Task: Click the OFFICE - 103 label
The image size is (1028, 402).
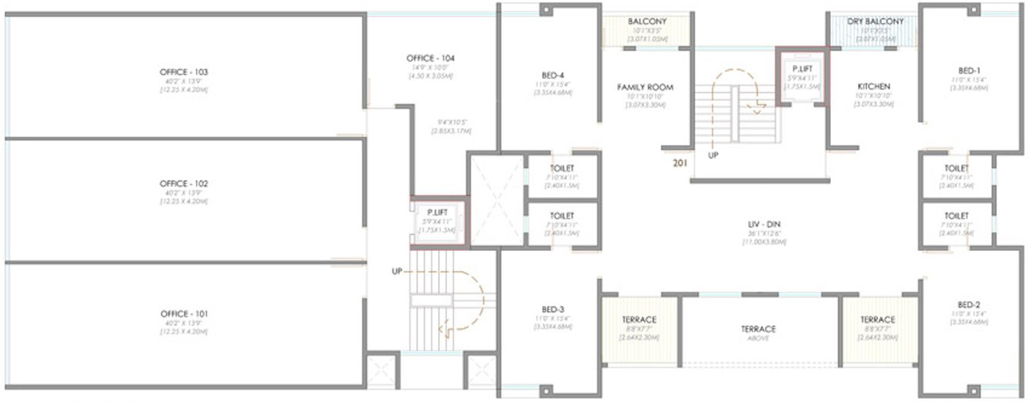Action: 185,72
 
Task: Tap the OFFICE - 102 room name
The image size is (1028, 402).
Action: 185,184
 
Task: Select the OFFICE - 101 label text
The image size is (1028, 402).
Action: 185,314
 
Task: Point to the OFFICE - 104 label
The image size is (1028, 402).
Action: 431,59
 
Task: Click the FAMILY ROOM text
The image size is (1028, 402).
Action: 645,88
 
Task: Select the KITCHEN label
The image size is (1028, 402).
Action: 873,86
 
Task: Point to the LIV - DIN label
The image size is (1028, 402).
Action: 758,225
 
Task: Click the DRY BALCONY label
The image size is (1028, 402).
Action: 875,22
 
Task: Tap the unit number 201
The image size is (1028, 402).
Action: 679,163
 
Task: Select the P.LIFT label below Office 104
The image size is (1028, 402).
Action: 436,211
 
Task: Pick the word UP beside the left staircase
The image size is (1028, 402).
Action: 397,271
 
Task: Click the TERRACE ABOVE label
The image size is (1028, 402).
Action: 758,329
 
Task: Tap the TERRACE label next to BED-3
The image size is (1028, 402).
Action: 639,320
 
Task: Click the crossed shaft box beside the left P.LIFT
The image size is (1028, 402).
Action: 496,200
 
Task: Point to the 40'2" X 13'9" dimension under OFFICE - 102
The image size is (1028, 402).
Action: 185,193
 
